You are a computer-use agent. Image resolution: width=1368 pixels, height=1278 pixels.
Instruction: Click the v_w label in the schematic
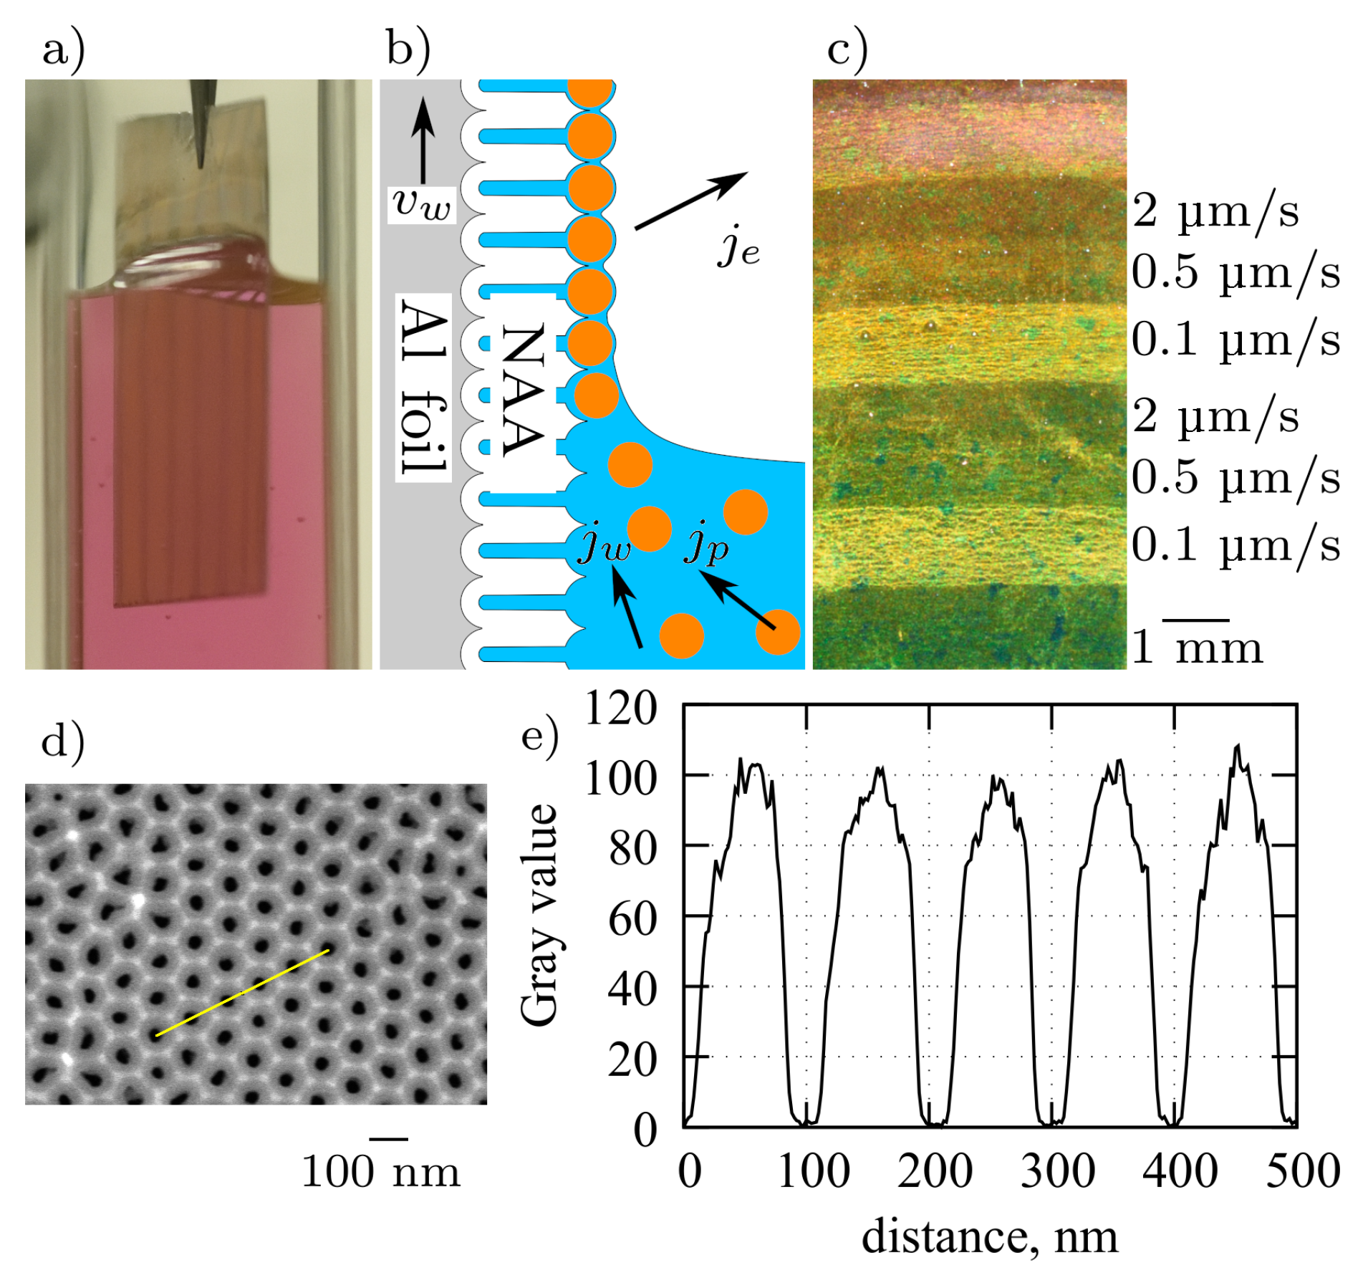[x=422, y=204]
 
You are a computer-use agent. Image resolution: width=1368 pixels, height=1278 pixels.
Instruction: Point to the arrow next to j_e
[x=690, y=201]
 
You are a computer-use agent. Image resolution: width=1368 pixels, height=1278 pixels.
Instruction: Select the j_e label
[x=738, y=247]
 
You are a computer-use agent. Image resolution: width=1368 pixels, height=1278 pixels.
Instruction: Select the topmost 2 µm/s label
[x=1215, y=212]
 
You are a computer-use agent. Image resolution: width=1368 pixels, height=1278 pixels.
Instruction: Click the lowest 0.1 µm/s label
[x=1235, y=545]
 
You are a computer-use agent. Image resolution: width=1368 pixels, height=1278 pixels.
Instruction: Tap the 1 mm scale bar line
[x=1195, y=620]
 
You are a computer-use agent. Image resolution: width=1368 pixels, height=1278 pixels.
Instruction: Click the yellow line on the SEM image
[x=242, y=993]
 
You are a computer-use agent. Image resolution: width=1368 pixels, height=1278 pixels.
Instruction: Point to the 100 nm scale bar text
[x=380, y=1173]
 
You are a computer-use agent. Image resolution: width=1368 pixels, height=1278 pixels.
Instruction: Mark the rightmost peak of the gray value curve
[x=1236, y=748]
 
